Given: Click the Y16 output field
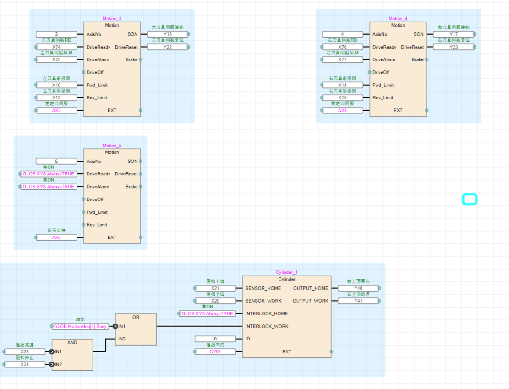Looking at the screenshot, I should click(x=167, y=34).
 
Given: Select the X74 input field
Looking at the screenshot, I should click(x=56, y=47).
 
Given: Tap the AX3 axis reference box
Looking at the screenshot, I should click(x=56, y=110).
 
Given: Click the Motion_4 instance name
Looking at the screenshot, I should click(x=398, y=19).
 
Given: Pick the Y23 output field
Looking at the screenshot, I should click(x=454, y=47).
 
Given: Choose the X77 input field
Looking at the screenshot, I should click(x=342, y=59).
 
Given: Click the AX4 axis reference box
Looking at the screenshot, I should click(x=342, y=110).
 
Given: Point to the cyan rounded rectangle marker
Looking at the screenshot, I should click(x=469, y=200).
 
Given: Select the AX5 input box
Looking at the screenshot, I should click(x=56, y=238).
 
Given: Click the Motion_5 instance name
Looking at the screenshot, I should click(x=112, y=146).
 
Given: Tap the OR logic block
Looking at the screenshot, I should click(x=136, y=330).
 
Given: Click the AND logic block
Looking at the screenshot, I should click(x=72, y=355).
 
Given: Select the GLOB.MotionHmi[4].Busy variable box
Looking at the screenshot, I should click(x=80, y=326).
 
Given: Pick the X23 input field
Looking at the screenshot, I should click(x=25, y=351).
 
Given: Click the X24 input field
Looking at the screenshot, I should click(x=25, y=364).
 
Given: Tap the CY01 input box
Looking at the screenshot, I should click(x=215, y=351).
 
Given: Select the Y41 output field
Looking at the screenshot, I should click(x=358, y=301).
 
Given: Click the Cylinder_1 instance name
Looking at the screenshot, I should click(x=286, y=272).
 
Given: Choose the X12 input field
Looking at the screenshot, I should click(x=56, y=97).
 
